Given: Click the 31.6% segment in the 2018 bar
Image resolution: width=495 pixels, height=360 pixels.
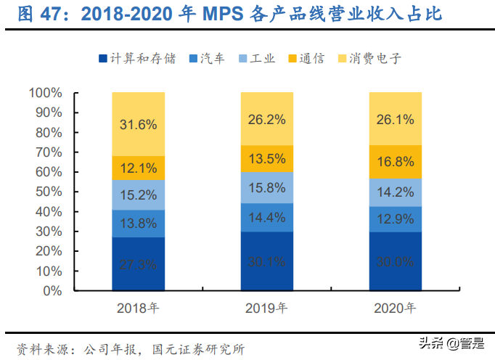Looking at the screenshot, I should click(x=138, y=124).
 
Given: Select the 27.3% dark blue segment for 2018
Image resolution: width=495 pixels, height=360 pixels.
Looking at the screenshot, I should click(x=138, y=264).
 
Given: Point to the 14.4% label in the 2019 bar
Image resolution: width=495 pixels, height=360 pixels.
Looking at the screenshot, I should click(x=266, y=216).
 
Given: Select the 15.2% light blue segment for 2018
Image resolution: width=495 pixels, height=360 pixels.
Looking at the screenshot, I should click(x=138, y=195).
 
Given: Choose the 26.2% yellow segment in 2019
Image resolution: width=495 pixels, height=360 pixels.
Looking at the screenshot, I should click(x=266, y=119).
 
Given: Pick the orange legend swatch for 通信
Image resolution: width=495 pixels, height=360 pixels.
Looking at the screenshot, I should click(x=294, y=59).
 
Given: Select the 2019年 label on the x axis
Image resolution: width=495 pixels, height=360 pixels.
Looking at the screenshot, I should click(x=266, y=308).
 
